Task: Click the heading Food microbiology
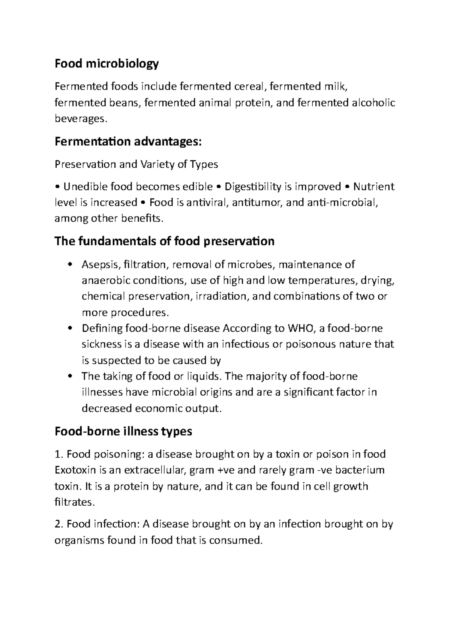[x=106, y=64]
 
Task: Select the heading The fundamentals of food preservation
[x=164, y=241]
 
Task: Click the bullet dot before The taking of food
[x=69, y=377]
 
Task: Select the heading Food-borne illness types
[x=123, y=431]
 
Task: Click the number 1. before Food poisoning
[x=59, y=455]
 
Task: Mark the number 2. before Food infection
[x=59, y=524]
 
